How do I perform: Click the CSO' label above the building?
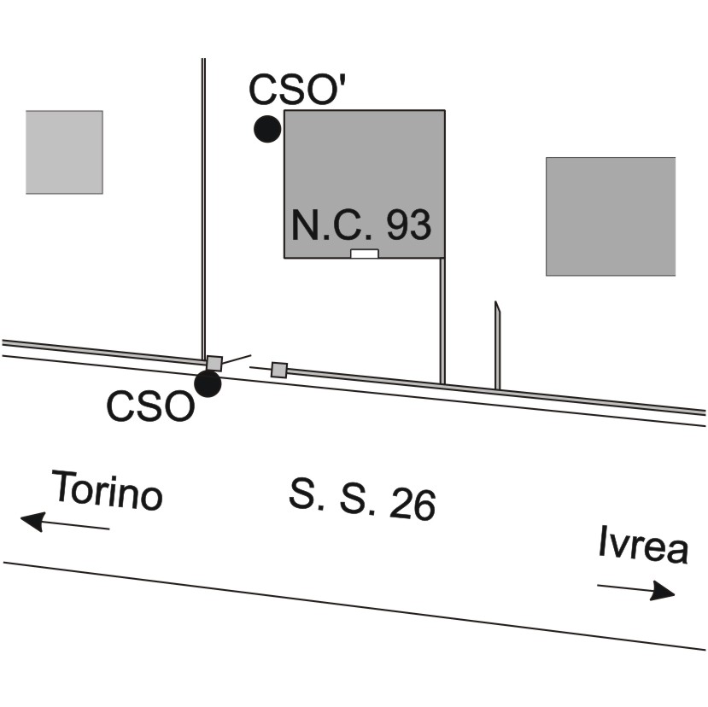point(297,89)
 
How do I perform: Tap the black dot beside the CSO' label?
point(267,129)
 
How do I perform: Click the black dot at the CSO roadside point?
point(208,383)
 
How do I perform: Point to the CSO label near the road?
point(150,406)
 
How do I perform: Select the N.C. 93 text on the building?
point(361,225)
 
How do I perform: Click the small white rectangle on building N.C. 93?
point(365,254)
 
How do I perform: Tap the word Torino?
point(108,491)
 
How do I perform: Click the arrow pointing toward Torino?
point(65,523)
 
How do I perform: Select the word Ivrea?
point(643,545)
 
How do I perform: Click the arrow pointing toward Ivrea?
point(636,590)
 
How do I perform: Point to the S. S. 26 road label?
point(362,500)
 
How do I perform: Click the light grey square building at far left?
point(64,152)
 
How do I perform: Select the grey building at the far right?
point(611,216)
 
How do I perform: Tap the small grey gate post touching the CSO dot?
point(214,363)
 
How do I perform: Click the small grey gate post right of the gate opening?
point(279,370)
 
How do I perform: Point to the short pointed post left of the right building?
point(497,345)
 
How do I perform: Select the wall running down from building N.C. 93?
point(442,321)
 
